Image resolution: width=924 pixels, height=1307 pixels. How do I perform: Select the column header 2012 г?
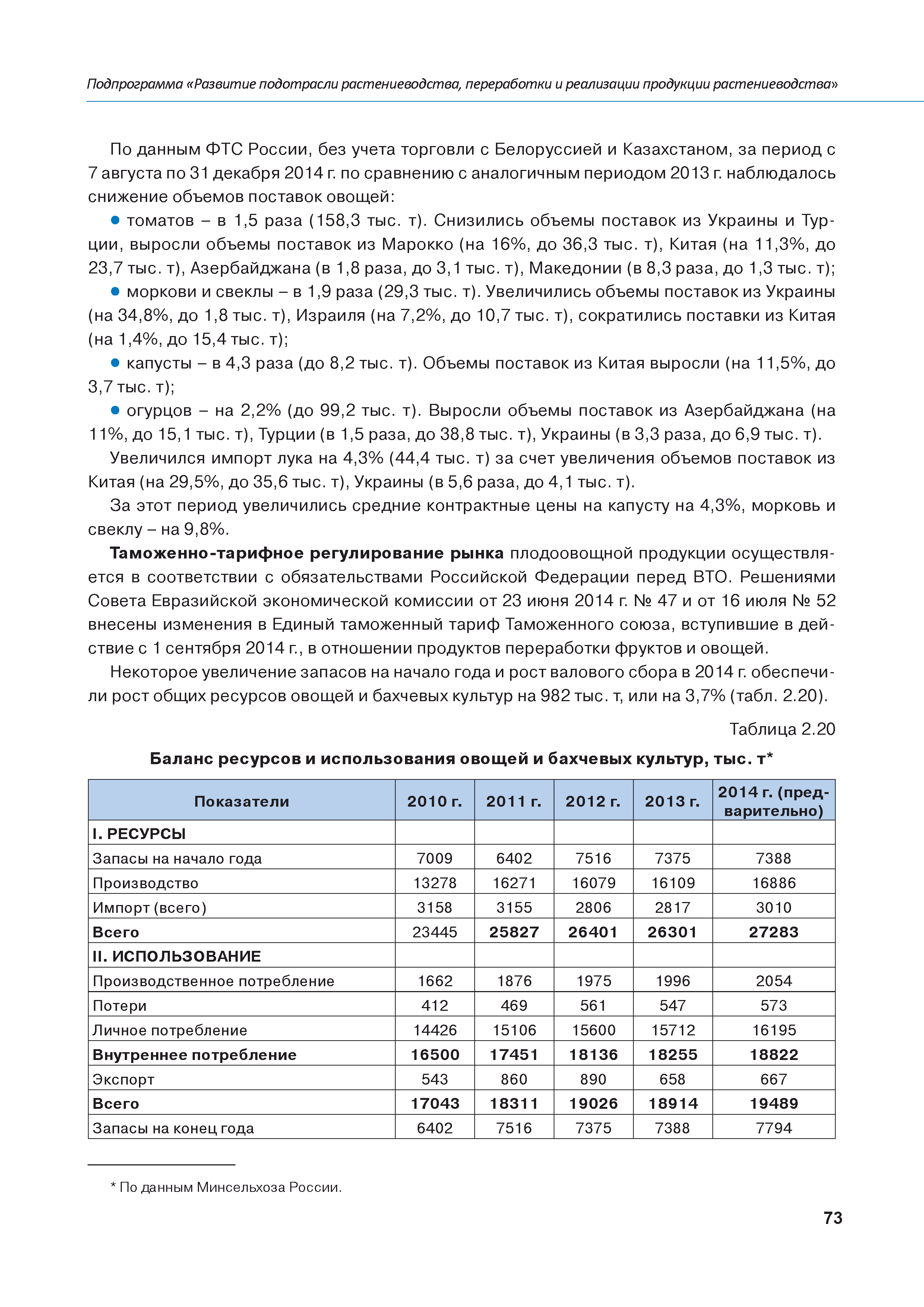point(593,801)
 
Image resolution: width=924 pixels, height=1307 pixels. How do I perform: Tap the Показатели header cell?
point(241,801)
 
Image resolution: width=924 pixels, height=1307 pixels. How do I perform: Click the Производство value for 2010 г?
point(434,883)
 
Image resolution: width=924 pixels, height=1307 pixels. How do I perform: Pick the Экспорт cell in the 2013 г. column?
point(673,1079)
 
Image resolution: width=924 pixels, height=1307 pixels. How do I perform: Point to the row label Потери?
point(120,1006)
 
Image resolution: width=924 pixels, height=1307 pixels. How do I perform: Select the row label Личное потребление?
point(170,1030)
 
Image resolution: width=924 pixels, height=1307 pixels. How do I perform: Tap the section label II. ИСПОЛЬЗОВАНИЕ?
point(177,956)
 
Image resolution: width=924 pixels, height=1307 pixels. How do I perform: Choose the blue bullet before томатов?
point(115,220)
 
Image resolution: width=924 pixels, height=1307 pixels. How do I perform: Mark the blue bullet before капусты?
point(115,363)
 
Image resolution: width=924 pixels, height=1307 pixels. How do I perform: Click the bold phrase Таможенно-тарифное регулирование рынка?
point(306,553)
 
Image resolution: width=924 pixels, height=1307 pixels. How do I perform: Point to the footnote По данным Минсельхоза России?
point(227,1187)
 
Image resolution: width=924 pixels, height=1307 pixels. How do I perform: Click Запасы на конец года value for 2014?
point(774,1128)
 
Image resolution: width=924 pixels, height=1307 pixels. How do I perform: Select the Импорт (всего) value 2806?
point(593,907)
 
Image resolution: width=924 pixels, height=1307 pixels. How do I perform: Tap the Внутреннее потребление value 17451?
point(513,1055)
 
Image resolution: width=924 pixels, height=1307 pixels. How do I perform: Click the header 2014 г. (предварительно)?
point(774,801)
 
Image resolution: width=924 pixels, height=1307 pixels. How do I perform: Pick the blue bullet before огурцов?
point(115,410)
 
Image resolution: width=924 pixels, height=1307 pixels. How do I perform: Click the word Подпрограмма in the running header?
point(135,84)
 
